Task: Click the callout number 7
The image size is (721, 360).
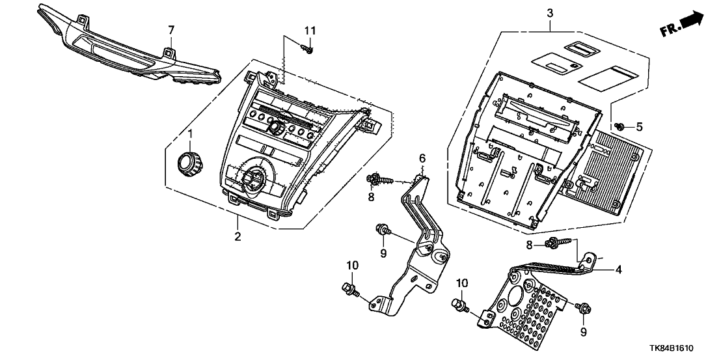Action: click(x=172, y=30)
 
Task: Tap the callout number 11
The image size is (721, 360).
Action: click(x=310, y=31)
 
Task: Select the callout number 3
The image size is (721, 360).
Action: click(x=550, y=12)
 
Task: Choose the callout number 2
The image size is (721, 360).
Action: click(x=238, y=236)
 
